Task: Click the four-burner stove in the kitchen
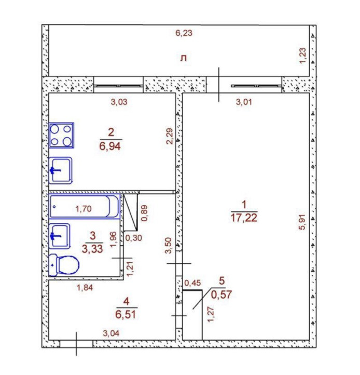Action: (61, 136)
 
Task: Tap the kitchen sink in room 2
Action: (61, 170)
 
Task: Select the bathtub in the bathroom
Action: (85, 207)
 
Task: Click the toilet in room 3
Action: (64, 265)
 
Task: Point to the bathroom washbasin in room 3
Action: (60, 236)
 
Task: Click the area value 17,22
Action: (244, 218)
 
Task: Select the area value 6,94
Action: (110, 146)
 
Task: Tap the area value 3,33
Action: (92, 249)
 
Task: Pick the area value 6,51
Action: (126, 314)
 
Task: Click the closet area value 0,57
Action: (221, 294)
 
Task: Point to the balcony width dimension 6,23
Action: (184, 33)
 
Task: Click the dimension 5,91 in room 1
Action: (302, 222)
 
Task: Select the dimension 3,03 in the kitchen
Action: (119, 102)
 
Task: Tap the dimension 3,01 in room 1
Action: (244, 102)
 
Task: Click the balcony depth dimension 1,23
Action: (302, 56)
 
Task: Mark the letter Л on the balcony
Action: (184, 58)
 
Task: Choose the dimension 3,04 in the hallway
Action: (111, 333)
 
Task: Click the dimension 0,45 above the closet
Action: (192, 283)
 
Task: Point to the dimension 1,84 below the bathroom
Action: (85, 287)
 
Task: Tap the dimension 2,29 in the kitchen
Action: (170, 136)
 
